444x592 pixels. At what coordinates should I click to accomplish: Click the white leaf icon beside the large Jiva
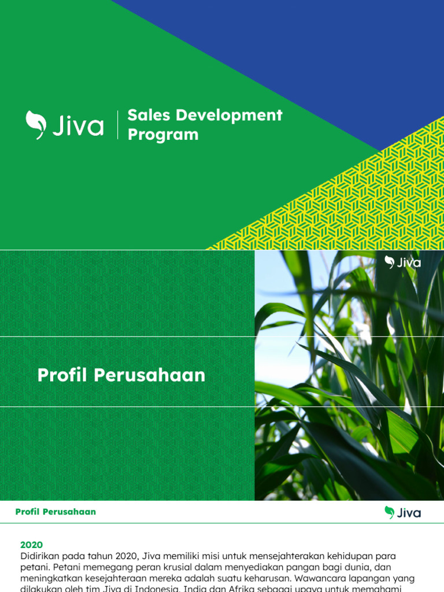click(x=35, y=124)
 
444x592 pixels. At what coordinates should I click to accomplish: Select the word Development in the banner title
click(x=229, y=115)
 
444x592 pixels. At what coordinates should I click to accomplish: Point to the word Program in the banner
click(x=162, y=135)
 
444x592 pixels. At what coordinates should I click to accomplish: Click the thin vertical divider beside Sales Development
click(x=118, y=125)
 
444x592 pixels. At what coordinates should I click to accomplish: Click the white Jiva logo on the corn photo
click(x=403, y=262)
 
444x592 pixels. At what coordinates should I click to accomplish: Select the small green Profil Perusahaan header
click(x=55, y=512)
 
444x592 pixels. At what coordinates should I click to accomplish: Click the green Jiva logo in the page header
click(x=402, y=512)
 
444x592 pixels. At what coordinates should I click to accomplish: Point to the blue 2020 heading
click(x=31, y=545)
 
